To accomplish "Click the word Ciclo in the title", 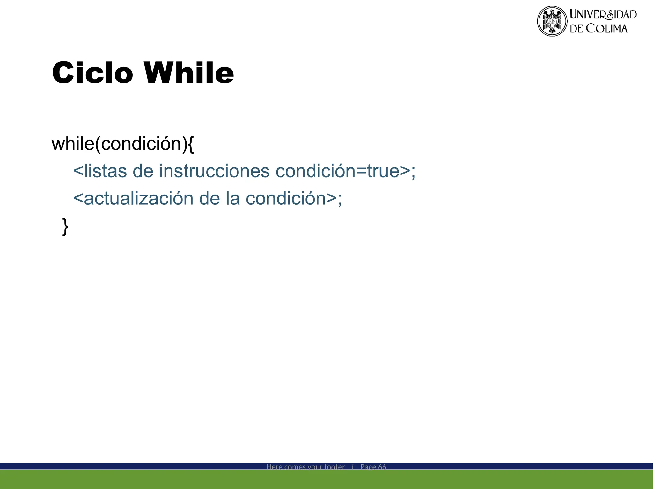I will (92, 73).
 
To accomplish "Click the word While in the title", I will (189, 73).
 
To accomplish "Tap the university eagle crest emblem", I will (552, 21).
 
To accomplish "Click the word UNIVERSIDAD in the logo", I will (603, 14).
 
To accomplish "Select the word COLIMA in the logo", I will (607, 29).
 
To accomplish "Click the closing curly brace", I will (65, 227).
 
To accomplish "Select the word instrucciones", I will (214, 171).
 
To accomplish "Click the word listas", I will (105, 171).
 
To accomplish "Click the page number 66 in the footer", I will (382, 467).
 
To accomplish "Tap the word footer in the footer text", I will (334, 467).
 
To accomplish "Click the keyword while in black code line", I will (73, 144).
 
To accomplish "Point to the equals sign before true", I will (361, 172).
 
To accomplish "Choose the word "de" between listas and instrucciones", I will (143, 171).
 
